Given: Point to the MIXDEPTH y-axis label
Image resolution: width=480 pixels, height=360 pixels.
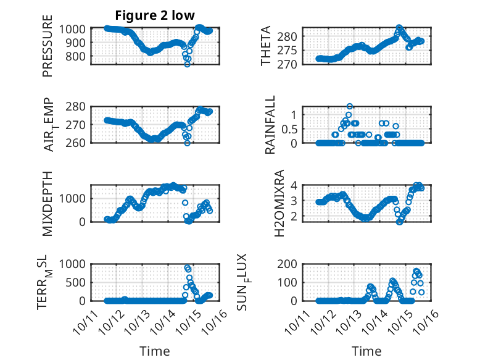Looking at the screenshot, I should click(48, 203).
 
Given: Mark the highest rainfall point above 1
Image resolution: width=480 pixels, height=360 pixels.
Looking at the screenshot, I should click(350, 106).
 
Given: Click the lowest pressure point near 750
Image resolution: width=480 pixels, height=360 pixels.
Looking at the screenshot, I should click(188, 64).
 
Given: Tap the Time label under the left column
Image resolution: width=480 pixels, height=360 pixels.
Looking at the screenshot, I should click(155, 351).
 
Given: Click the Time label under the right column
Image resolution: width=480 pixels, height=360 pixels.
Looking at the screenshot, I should click(367, 351).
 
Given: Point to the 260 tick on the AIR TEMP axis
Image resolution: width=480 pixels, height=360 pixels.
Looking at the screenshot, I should click(78, 143).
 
